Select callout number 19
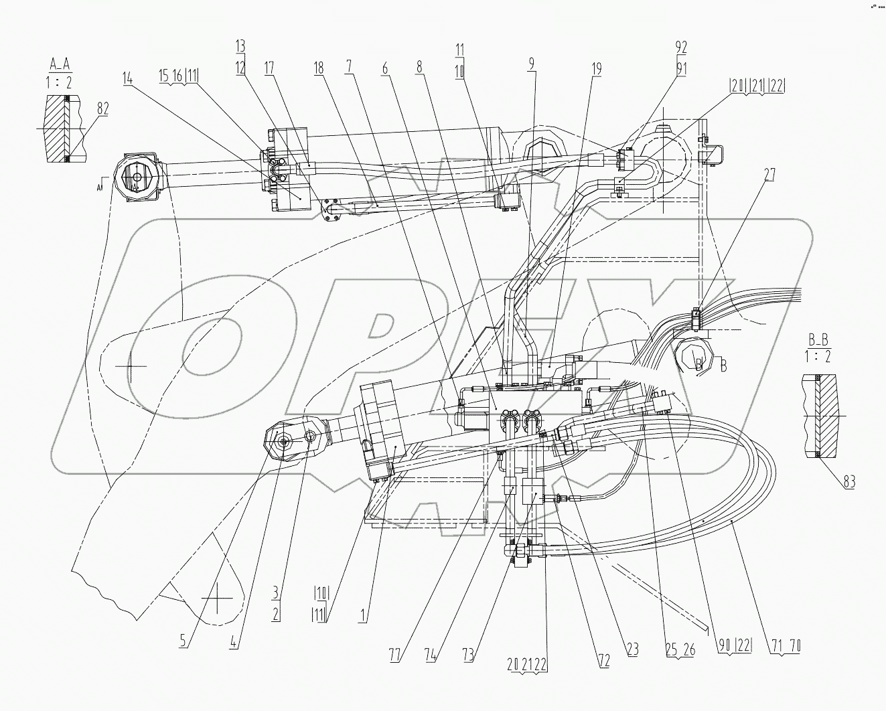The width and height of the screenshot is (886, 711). pyautogui.click(x=596, y=69)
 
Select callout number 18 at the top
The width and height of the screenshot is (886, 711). pyautogui.click(x=318, y=69)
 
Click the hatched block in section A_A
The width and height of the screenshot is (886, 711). pyautogui.click(x=55, y=128)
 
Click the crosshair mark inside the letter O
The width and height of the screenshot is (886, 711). pyautogui.click(x=135, y=366)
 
